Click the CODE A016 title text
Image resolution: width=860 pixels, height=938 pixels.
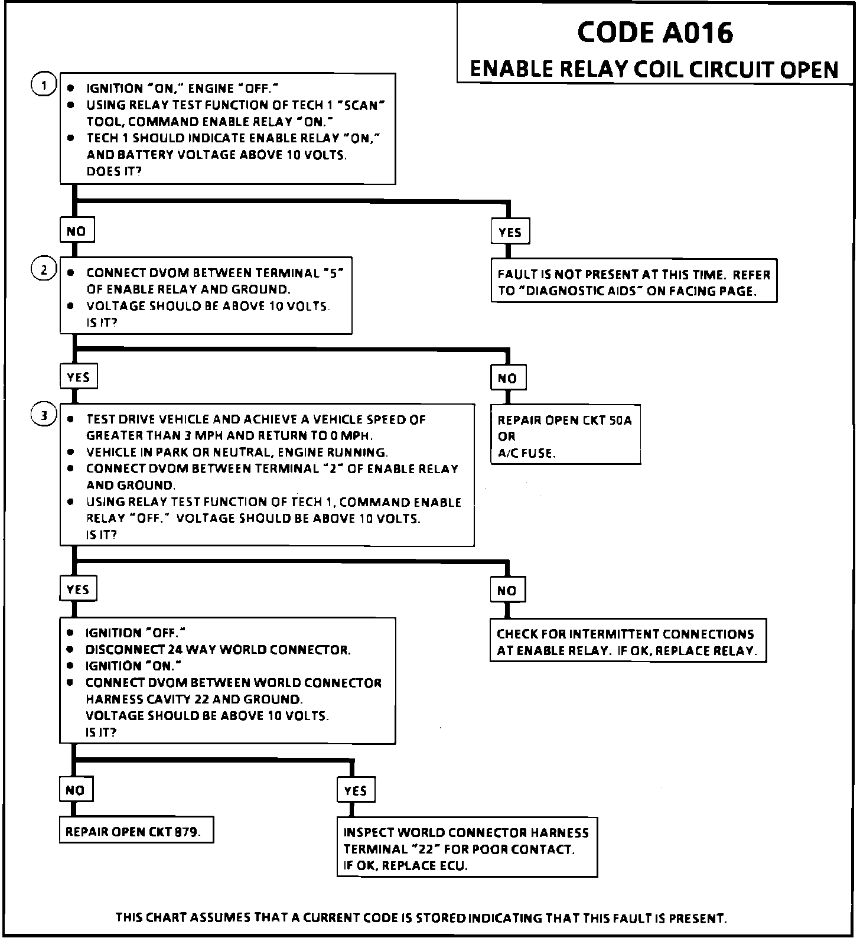tap(654, 32)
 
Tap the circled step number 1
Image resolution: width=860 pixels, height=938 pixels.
tap(43, 85)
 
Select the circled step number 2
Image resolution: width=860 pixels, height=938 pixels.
tap(43, 270)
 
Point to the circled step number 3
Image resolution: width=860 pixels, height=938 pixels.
tap(43, 416)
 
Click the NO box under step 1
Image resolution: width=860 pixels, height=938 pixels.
tap(77, 231)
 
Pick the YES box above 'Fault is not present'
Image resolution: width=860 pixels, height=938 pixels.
tap(510, 232)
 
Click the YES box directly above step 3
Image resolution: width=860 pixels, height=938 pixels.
tap(78, 377)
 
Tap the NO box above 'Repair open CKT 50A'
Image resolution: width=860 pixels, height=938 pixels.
tap(507, 378)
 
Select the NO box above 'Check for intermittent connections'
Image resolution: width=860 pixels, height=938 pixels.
tap(507, 590)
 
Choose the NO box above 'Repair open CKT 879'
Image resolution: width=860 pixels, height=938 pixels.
tap(76, 790)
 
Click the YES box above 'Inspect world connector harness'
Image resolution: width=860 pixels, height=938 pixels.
tap(356, 791)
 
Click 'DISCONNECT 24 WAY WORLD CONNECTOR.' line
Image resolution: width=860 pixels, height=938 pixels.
tap(218, 650)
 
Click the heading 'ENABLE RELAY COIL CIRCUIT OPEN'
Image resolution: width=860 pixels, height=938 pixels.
tap(654, 70)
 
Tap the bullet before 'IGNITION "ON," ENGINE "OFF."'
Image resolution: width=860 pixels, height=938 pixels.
tap(71, 89)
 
